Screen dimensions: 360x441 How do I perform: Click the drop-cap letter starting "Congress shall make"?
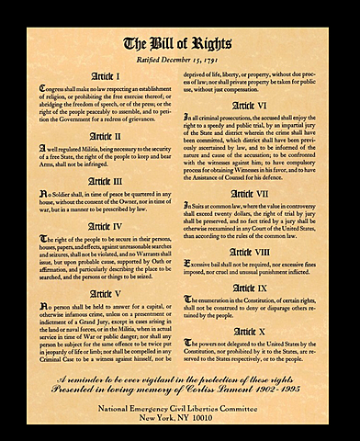point(42,88)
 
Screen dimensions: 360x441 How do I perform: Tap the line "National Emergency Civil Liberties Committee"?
point(180,405)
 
